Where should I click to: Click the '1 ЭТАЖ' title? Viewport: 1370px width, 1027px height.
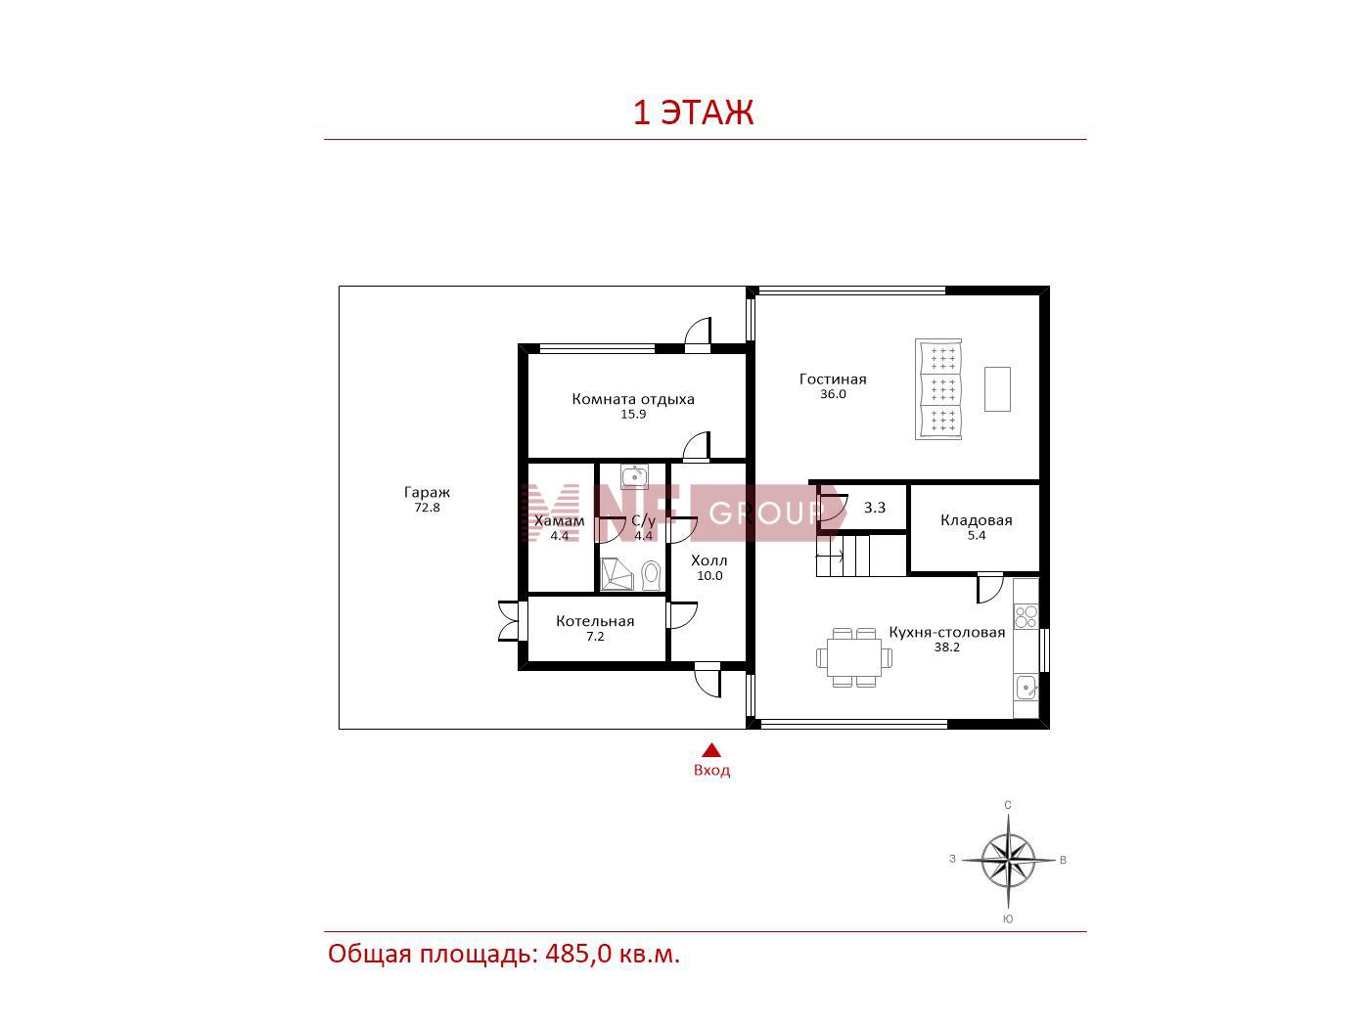pos(693,112)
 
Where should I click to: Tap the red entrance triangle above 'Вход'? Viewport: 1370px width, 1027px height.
pos(710,750)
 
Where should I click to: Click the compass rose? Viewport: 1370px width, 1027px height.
pos(1007,861)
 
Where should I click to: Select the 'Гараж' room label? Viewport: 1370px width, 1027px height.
pos(427,493)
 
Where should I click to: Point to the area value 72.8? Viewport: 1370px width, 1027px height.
pos(427,508)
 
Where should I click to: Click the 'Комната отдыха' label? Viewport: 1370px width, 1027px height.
pos(633,399)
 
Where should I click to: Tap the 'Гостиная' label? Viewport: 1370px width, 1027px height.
pos(833,380)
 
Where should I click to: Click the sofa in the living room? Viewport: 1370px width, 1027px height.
pos(938,389)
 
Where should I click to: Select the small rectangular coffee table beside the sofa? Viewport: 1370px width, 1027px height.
pos(997,389)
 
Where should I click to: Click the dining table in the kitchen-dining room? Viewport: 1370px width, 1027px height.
pos(854,658)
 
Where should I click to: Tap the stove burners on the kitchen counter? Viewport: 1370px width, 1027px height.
pos(1027,617)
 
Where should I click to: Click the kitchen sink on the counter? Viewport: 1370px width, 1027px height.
pos(1027,689)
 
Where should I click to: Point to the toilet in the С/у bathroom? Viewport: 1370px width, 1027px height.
pos(651,575)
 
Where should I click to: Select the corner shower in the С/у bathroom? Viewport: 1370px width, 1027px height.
pos(616,574)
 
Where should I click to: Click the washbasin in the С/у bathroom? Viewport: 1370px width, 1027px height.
pos(634,477)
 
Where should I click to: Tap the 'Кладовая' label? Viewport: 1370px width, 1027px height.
pos(977,520)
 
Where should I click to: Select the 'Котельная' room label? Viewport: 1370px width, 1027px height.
pos(595,621)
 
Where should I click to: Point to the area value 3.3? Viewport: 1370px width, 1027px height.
pos(875,508)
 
